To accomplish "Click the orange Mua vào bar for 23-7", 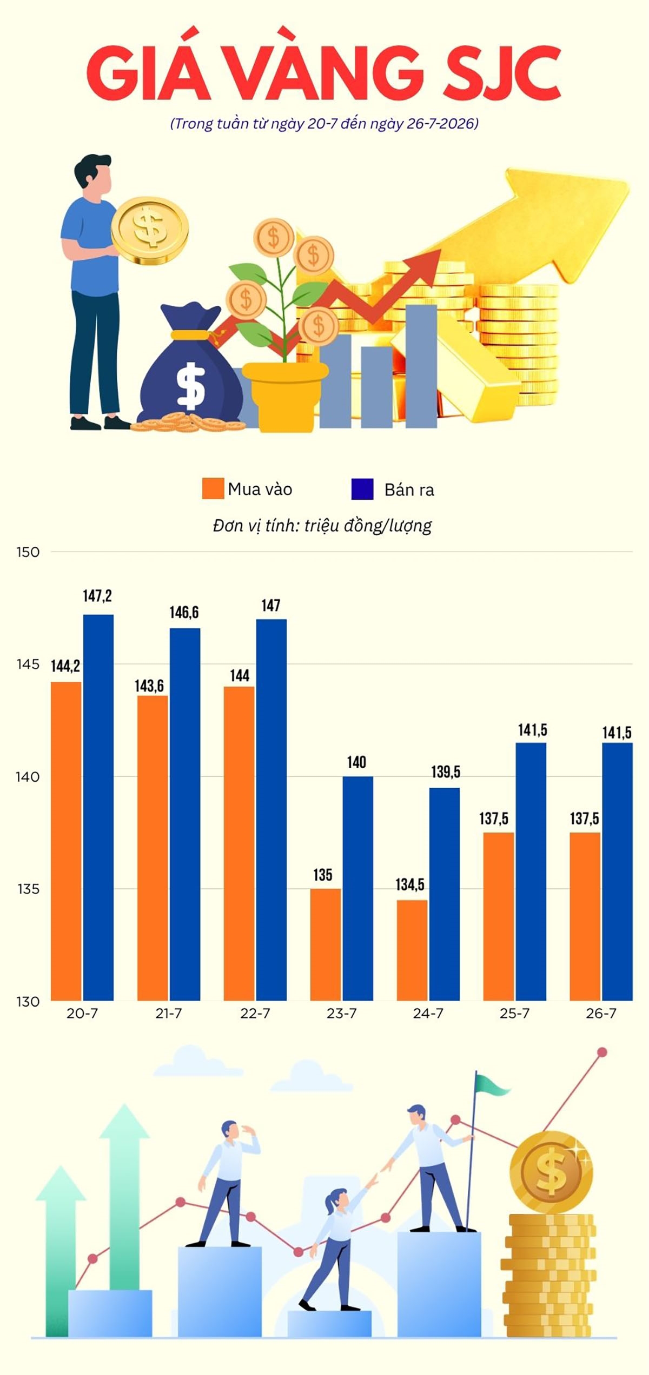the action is [326, 944].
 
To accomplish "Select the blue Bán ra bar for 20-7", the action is [98, 808].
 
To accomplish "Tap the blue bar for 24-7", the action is [445, 894].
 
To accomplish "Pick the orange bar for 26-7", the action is [585, 916].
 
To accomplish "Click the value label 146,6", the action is [184, 612].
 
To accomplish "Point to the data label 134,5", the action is [410, 884].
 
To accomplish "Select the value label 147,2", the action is [97, 596].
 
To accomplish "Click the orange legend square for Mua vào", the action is [213, 488].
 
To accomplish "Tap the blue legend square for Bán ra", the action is [362, 489].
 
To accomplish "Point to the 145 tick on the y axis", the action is [28, 665].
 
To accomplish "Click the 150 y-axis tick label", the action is [28, 552].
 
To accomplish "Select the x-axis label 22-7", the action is [255, 1014].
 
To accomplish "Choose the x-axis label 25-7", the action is [515, 1014].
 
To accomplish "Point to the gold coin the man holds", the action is [150, 230].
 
